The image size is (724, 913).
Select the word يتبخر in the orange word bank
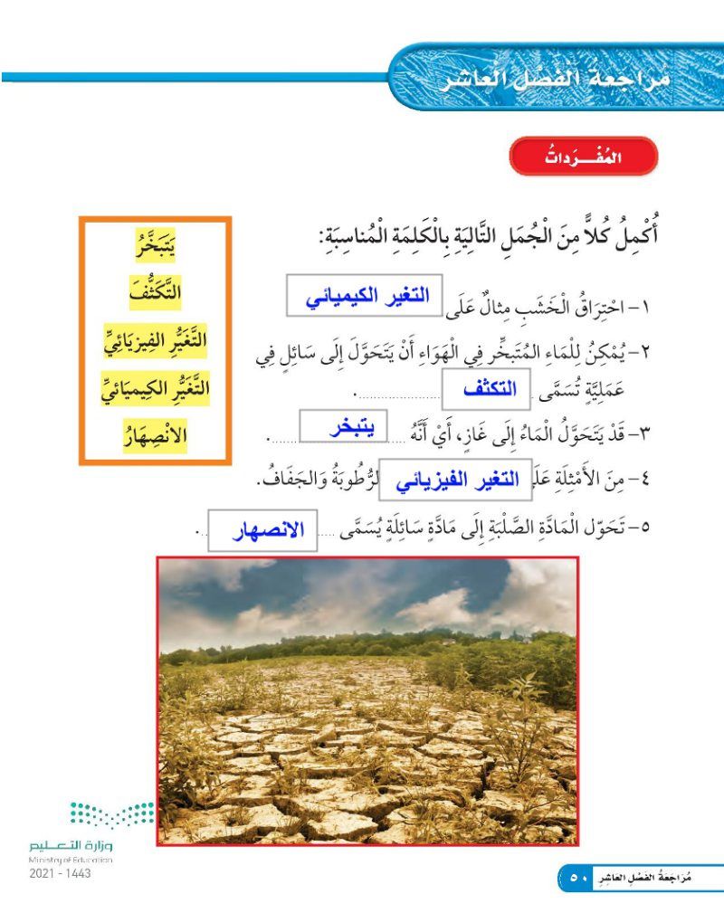click(x=153, y=246)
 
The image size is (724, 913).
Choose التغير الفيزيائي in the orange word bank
click(x=153, y=342)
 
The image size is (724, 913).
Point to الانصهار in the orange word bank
click(x=153, y=437)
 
